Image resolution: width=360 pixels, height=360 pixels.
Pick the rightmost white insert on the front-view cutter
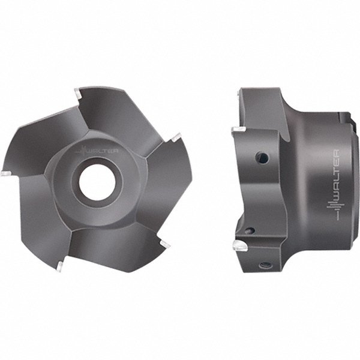tap(175, 137)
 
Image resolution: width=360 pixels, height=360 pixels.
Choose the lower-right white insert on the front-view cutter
tap(164, 244)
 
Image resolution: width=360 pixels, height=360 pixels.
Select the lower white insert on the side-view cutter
tap(239, 245)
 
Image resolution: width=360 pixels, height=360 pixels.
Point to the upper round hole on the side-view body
tap(262, 158)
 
